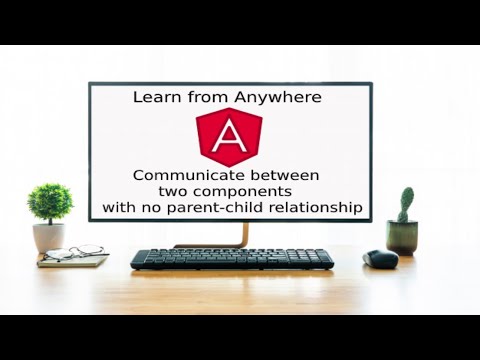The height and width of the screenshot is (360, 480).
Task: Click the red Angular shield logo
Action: [229, 137]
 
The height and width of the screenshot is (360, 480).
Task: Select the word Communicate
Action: [181, 175]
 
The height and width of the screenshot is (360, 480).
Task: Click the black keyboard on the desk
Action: [232, 259]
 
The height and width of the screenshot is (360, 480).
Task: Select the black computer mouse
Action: [380, 259]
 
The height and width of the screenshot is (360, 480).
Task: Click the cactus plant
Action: [405, 204]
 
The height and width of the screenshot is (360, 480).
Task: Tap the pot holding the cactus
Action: [402, 238]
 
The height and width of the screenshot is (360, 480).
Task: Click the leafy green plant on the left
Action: [50, 203]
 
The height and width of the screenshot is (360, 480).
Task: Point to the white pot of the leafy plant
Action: [48, 237]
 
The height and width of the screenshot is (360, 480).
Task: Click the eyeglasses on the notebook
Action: [72, 253]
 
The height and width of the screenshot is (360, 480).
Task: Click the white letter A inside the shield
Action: [229, 137]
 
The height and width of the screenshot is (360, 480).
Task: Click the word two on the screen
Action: [174, 191]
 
